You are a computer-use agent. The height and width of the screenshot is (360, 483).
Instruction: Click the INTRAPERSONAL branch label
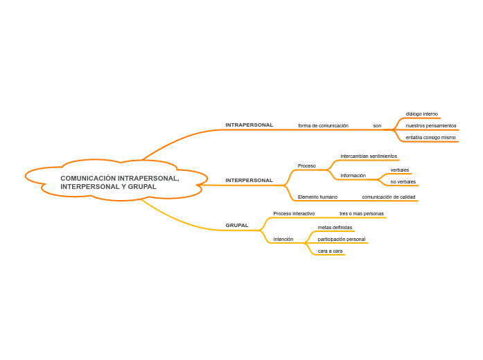pos(249,125)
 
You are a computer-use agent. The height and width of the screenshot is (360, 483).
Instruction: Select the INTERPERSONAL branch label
pos(249,181)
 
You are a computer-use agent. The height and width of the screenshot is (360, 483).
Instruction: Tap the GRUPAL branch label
pos(237,225)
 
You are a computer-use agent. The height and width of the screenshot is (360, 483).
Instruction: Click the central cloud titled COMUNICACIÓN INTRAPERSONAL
pos(119,182)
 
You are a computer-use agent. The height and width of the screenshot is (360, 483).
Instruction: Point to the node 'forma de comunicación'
pos(323,126)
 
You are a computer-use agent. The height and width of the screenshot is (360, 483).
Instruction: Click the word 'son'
pos(377,126)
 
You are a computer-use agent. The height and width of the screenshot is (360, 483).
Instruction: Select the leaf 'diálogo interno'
pos(421,114)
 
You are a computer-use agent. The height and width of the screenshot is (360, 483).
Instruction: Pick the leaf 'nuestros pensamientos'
pos(430,126)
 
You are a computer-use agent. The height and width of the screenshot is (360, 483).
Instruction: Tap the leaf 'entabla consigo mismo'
pos(430,138)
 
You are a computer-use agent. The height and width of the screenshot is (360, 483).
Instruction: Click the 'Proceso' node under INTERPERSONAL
pos(306,166)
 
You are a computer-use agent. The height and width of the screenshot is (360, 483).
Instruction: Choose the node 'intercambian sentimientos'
pos(369,156)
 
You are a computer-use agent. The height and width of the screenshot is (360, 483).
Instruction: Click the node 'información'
pos(353,176)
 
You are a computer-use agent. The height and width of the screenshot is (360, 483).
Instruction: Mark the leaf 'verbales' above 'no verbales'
pos(399,170)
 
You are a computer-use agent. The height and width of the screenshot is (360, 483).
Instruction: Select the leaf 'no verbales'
pos(403,182)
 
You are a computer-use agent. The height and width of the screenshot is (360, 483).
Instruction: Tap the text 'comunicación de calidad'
pos(388,197)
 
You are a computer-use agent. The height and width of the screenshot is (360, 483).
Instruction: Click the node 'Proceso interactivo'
pos(294,214)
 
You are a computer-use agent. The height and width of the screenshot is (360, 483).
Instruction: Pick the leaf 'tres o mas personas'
pos(361,214)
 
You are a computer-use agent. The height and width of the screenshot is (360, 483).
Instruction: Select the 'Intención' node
pos(283,240)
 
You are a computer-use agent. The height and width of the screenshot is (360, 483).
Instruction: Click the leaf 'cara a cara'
pos(330,251)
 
